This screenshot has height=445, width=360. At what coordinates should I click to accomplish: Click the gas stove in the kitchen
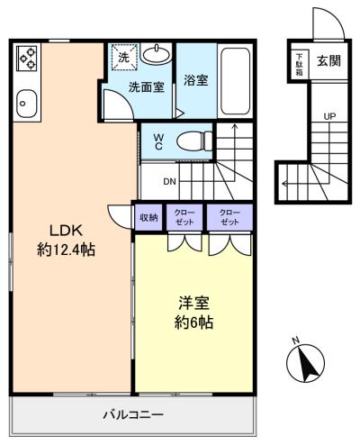click(x=27, y=58)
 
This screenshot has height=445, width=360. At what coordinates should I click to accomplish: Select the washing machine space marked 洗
click(x=124, y=58)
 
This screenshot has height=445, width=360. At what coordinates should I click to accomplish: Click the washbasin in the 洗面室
click(x=156, y=54)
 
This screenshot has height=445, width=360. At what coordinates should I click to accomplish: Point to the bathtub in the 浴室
click(x=236, y=81)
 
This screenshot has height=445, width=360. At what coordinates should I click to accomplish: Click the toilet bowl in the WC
click(x=193, y=141)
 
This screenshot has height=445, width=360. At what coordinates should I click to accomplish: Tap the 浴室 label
click(x=195, y=80)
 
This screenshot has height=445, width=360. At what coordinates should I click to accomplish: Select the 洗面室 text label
click(x=147, y=86)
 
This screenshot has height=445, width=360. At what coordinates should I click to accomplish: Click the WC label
click(x=158, y=141)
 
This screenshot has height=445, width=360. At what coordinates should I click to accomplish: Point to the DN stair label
click(x=169, y=181)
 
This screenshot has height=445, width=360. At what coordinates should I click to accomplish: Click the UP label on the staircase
click(x=329, y=116)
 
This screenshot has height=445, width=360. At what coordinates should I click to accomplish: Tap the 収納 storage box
click(x=148, y=217)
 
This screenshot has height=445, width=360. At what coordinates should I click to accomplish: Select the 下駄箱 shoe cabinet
click(x=300, y=65)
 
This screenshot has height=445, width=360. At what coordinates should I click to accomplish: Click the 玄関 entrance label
click(x=329, y=61)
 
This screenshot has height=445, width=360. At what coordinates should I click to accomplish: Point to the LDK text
click(x=66, y=231)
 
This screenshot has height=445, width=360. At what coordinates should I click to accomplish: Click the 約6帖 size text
click(x=193, y=322)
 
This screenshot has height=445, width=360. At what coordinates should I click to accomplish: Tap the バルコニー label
click(x=133, y=415)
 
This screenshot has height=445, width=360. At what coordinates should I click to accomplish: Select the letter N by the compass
click(x=296, y=341)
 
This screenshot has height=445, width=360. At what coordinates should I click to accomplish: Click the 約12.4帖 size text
click(x=66, y=250)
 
